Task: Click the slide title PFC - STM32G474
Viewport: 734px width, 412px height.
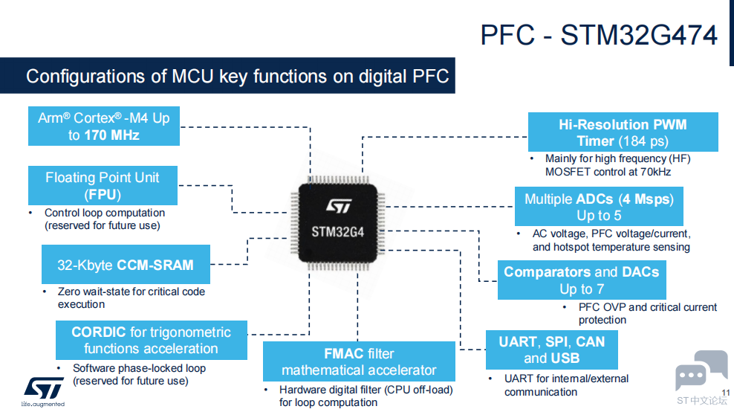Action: click(x=599, y=35)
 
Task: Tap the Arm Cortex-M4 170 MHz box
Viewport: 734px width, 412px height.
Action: click(x=104, y=126)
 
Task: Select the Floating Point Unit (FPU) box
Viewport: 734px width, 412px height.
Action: click(x=103, y=185)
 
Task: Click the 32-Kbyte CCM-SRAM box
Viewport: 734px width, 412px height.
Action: click(x=126, y=264)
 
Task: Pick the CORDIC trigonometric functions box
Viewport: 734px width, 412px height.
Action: click(x=152, y=341)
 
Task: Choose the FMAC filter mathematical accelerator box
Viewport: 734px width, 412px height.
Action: click(x=359, y=361)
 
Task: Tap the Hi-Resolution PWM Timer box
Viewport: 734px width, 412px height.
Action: click(x=623, y=132)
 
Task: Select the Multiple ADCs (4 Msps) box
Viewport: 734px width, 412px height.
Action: click(x=599, y=206)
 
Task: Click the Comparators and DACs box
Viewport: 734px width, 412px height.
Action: click(x=582, y=280)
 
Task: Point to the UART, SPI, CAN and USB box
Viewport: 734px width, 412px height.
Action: click(x=552, y=350)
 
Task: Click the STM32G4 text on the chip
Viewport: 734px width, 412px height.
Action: click(x=337, y=232)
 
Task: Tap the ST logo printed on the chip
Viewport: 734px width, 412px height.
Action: click(x=339, y=206)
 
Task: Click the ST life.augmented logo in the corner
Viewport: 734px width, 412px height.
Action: click(x=43, y=391)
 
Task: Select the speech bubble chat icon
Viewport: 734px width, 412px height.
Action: click(x=701, y=371)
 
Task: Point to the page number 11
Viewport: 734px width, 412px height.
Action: click(x=726, y=393)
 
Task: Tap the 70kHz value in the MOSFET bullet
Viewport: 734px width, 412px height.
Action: click(x=655, y=172)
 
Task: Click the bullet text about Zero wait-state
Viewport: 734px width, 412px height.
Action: click(x=131, y=297)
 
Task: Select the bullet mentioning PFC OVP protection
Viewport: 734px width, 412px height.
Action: click(x=647, y=313)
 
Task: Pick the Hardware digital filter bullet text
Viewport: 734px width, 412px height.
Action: click(x=366, y=396)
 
